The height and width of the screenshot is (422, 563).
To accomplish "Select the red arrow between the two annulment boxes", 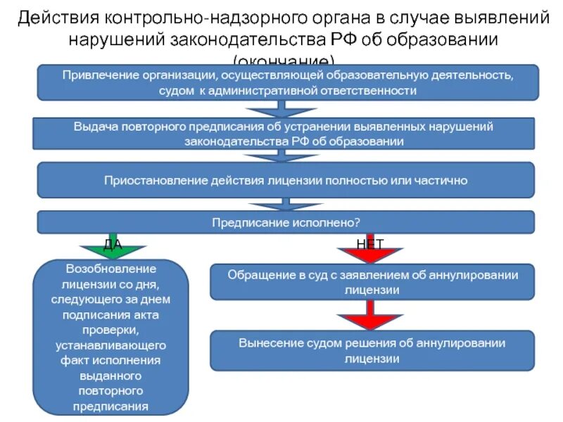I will (369, 318).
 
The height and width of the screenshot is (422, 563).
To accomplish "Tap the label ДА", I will (113, 243).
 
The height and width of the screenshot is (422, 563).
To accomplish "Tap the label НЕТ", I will (370, 243).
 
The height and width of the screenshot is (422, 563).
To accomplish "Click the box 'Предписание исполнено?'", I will (286, 222).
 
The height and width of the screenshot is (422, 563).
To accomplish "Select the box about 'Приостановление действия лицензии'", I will (286, 180).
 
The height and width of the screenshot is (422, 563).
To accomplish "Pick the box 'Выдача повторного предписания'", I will (284, 134).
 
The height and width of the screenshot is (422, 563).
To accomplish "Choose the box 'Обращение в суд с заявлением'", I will (373, 281).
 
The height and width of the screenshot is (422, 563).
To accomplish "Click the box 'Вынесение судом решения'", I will (373, 350).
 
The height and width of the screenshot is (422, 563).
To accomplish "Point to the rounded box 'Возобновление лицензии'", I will (112, 338).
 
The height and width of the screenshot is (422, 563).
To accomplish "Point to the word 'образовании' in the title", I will (443, 39).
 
